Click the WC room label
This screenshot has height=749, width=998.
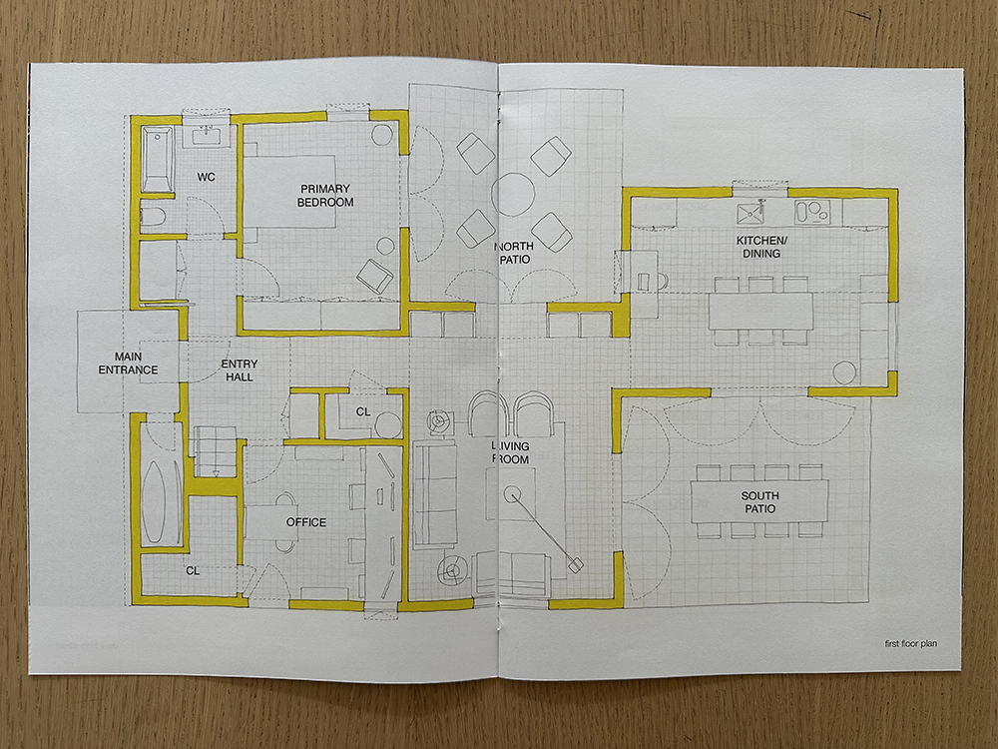click(x=206, y=177)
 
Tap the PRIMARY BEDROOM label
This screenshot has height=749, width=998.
click(x=325, y=196)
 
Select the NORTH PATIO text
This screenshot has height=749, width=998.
click(x=514, y=253)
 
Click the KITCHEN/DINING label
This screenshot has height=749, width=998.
click(x=761, y=247)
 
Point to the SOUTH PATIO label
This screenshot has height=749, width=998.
click(x=759, y=502)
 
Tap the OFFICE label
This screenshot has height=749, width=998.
click(x=306, y=522)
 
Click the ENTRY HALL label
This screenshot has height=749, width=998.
click(x=240, y=371)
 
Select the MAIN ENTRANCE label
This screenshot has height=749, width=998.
click(x=128, y=364)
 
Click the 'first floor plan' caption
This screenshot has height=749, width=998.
click(x=911, y=644)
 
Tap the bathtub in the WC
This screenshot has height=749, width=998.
click(x=157, y=160)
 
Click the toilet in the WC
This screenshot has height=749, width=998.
click(x=153, y=218)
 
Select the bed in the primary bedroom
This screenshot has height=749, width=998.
click(x=289, y=191)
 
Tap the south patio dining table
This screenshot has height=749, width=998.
click(x=759, y=501)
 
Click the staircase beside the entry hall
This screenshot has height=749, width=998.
click(x=216, y=452)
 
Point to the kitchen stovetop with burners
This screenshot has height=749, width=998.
click(x=812, y=212)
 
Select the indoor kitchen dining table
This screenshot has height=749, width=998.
click(x=760, y=311)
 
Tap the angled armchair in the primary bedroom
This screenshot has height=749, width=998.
click(x=375, y=276)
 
